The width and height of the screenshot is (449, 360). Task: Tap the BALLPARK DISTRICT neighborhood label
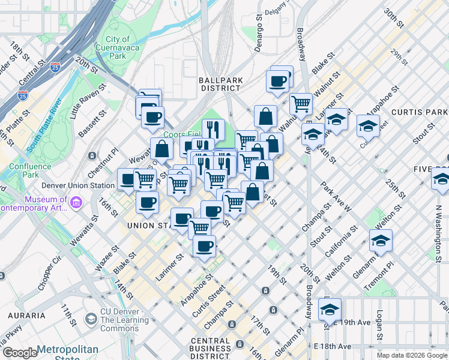220,83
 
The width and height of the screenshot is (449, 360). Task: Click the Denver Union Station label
79,185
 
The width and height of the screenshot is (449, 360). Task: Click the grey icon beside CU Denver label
91,318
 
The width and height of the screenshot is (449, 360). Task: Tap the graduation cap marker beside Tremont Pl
381,241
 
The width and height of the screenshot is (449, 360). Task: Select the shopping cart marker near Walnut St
301,103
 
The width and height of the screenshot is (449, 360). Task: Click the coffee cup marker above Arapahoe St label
205,245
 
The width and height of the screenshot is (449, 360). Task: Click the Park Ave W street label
336,198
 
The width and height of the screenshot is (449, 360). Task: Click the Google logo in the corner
19,353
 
